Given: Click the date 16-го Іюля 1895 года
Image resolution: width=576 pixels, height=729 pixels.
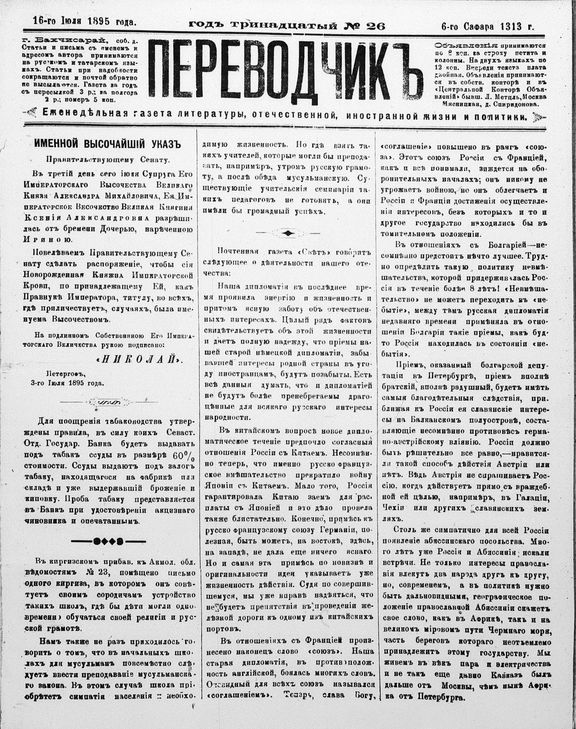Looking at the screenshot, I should (x=85, y=21).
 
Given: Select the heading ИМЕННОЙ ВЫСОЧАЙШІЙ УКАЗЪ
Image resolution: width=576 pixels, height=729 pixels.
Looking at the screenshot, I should (x=107, y=144).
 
